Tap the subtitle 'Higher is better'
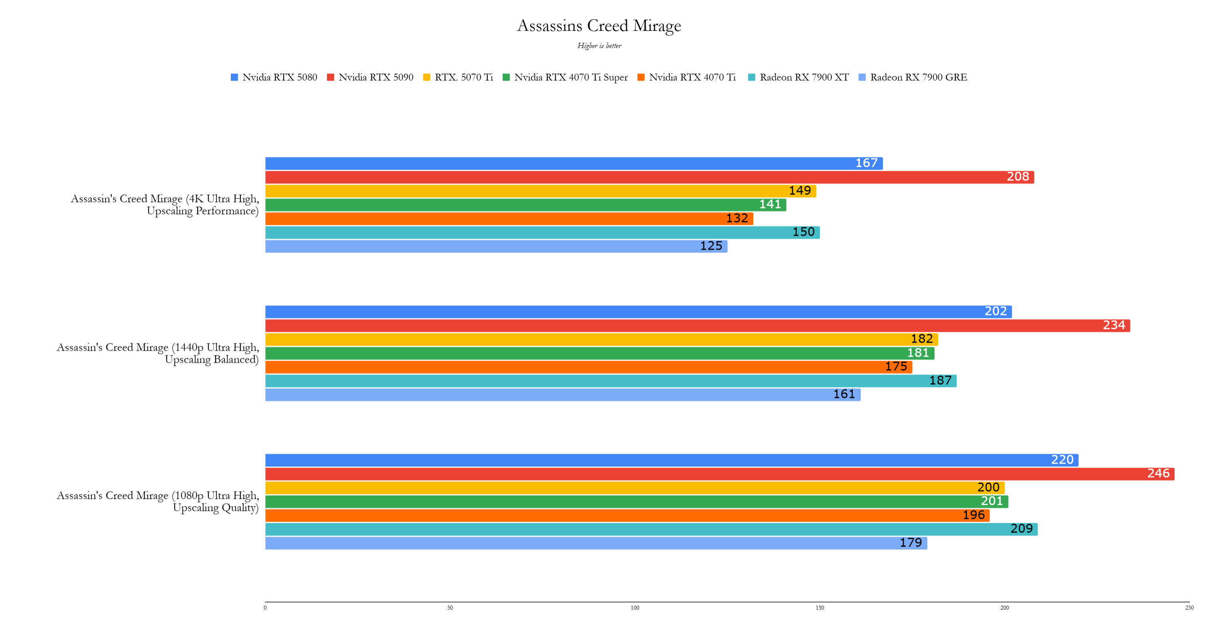tap(599, 46)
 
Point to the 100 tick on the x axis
tap(635, 608)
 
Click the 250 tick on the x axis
tap(1189, 608)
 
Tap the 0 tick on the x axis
tap(265, 608)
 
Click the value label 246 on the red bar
tap(1158, 474)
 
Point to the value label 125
tap(711, 246)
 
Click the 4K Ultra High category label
tap(165, 205)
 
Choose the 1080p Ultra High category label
tap(158, 502)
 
